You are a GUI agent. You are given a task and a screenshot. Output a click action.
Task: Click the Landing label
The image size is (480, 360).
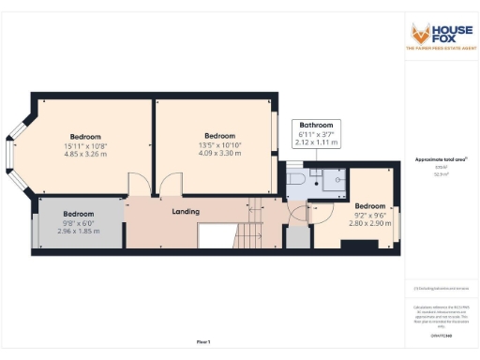click(185, 212)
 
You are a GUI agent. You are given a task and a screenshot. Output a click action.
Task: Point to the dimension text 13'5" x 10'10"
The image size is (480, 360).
click(219, 145)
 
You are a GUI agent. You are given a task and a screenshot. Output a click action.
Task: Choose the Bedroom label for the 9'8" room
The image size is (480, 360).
click(79, 214)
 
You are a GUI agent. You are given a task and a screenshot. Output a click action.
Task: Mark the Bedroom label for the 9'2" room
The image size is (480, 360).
click(369, 206)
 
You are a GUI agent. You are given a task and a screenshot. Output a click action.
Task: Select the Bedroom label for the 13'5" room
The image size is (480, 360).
click(219, 136)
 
